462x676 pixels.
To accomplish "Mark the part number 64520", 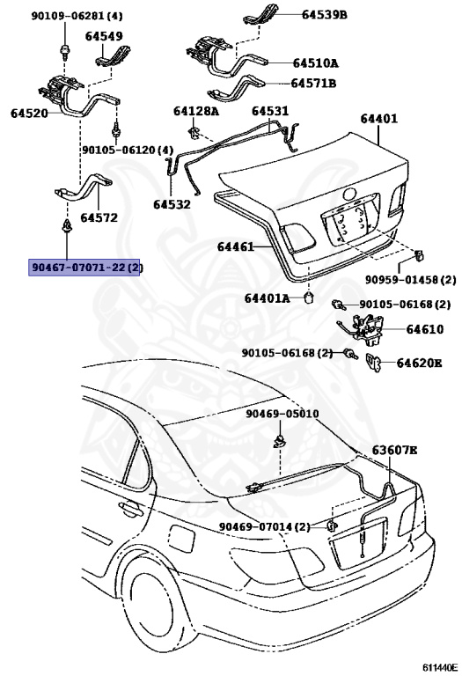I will (30, 114).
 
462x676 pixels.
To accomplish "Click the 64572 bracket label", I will (99, 217).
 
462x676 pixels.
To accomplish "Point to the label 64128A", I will (195, 111).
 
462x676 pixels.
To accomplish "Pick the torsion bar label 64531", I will (270, 111).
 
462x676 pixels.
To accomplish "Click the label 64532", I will (172, 204).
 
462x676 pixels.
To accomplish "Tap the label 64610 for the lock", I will (424, 329).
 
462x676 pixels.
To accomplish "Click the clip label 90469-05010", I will (282, 414).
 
